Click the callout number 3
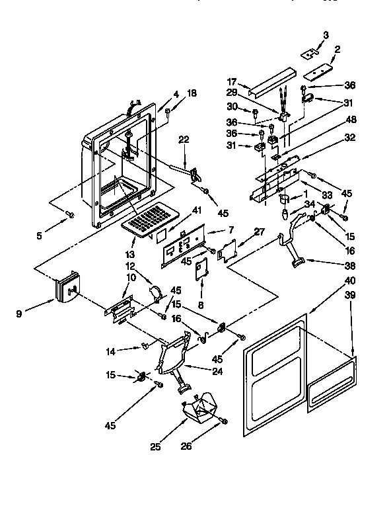[x=326, y=34]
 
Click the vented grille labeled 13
[x=148, y=218]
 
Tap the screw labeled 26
[x=225, y=421]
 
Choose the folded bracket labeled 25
[x=199, y=409]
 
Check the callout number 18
[x=192, y=95]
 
